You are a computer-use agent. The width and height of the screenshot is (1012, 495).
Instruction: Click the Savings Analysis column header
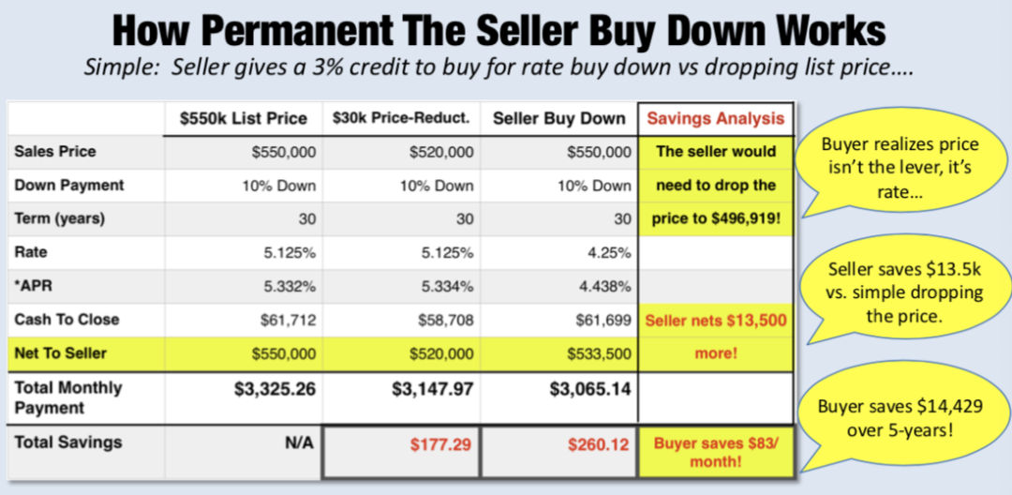715,118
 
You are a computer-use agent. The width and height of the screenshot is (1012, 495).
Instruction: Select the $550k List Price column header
244,118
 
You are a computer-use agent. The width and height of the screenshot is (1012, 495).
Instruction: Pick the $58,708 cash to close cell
447,320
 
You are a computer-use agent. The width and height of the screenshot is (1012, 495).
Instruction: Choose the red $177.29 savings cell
439,443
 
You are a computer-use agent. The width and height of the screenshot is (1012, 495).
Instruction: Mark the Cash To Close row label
67,320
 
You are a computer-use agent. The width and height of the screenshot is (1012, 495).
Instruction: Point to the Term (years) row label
61,218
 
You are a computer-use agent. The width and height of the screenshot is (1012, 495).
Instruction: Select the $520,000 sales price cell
441,152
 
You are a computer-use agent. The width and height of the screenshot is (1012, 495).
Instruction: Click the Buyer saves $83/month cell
716,453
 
